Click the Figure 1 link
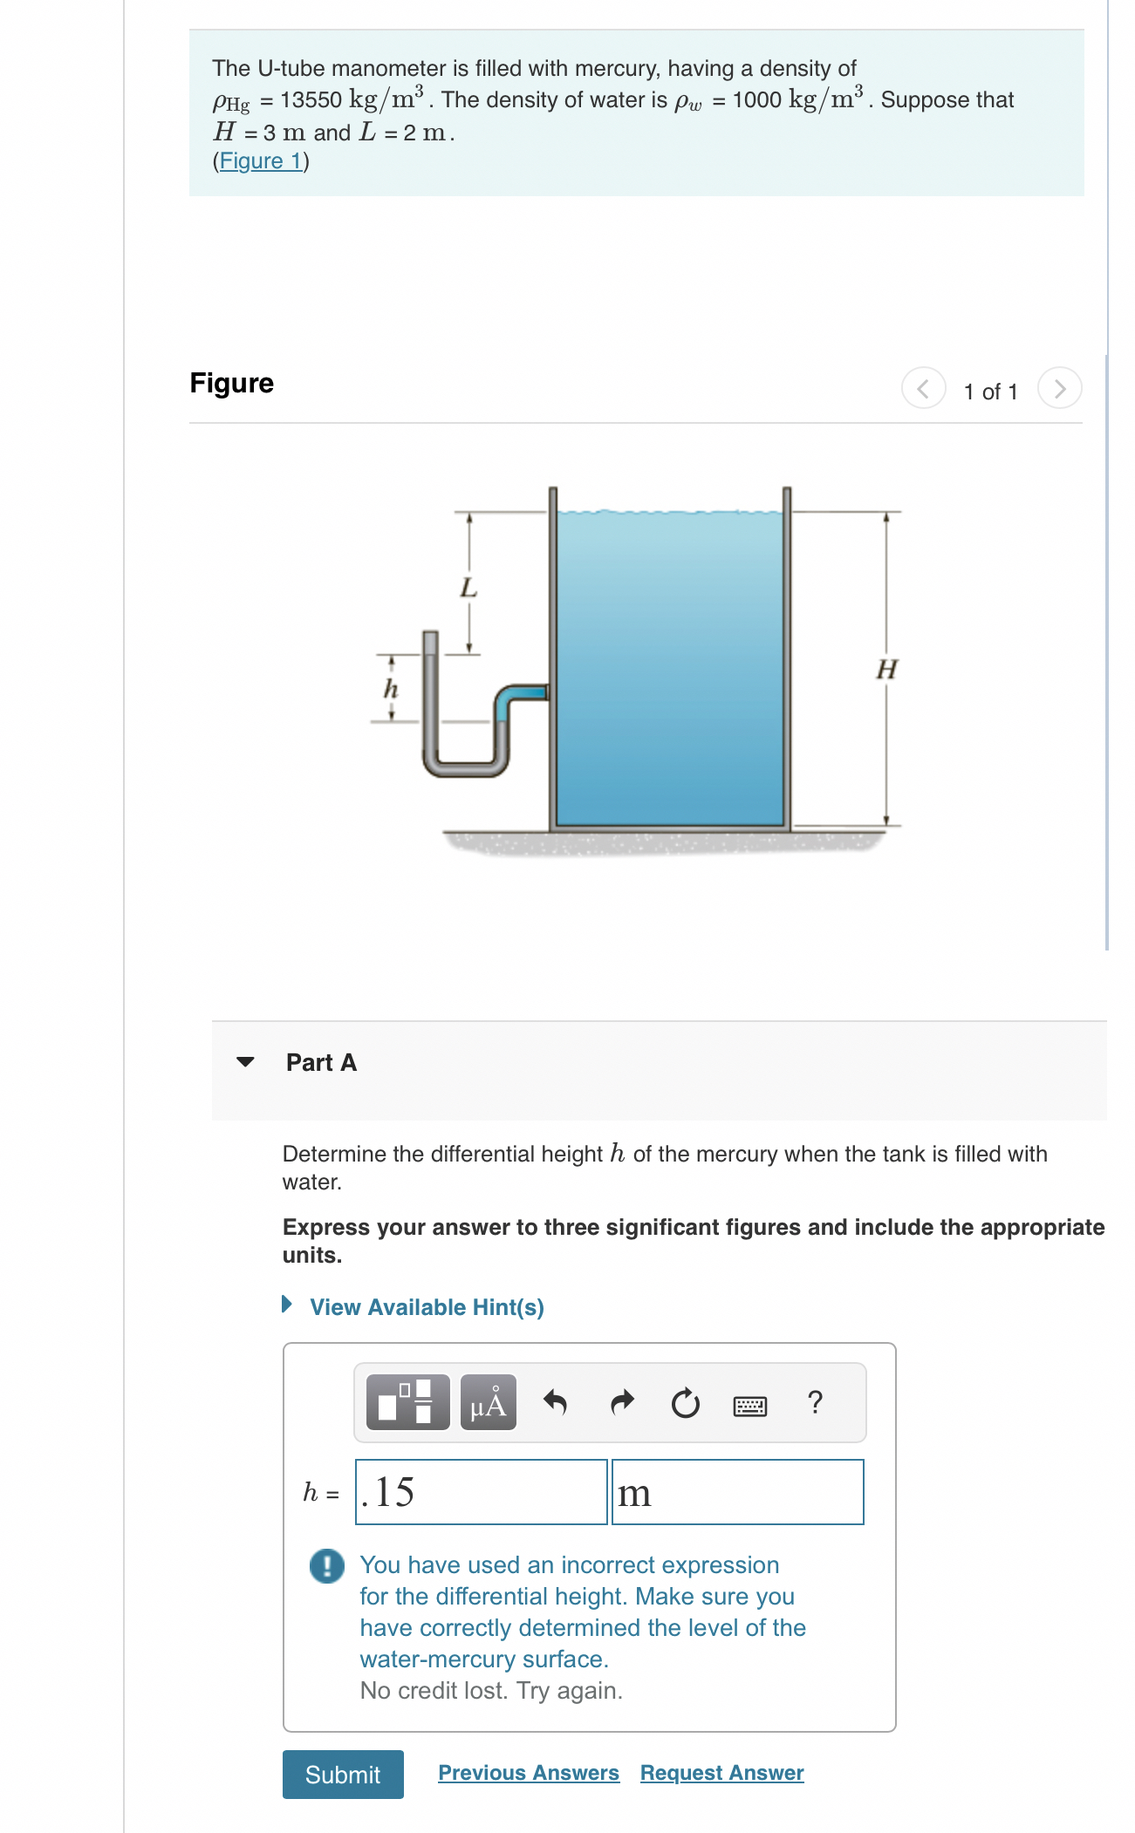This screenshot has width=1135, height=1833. [x=260, y=161]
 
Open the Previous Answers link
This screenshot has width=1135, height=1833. [x=528, y=1773]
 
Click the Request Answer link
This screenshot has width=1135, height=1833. [x=721, y=1773]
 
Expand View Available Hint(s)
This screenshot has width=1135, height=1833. [x=426, y=1307]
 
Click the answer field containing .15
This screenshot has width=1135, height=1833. [x=481, y=1492]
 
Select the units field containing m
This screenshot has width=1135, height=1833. [x=737, y=1492]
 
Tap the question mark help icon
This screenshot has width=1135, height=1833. [x=815, y=1402]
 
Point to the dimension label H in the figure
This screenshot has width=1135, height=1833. [x=886, y=670]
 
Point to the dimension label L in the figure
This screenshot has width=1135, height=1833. [x=468, y=588]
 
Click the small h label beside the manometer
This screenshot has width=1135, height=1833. [x=391, y=689]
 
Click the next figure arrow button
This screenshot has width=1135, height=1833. [x=1059, y=389]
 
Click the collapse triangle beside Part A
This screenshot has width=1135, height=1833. [x=245, y=1062]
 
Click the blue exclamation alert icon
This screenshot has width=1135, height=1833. [x=327, y=1566]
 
